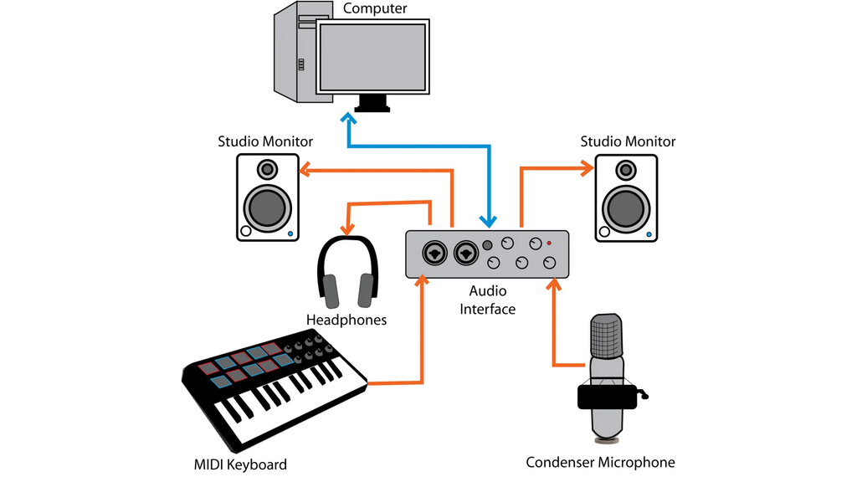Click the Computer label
[x=375, y=9]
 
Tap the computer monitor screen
[x=372, y=57]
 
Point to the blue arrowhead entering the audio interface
[x=486, y=220]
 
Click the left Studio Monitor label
[x=265, y=141]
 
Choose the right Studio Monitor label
[x=628, y=141]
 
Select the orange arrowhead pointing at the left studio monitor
[x=305, y=171]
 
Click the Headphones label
[x=346, y=320]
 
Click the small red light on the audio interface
[x=549, y=243]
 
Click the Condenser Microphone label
[x=600, y=462]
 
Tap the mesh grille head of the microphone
[x=607, y=336]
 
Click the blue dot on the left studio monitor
[x=290, y=234]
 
